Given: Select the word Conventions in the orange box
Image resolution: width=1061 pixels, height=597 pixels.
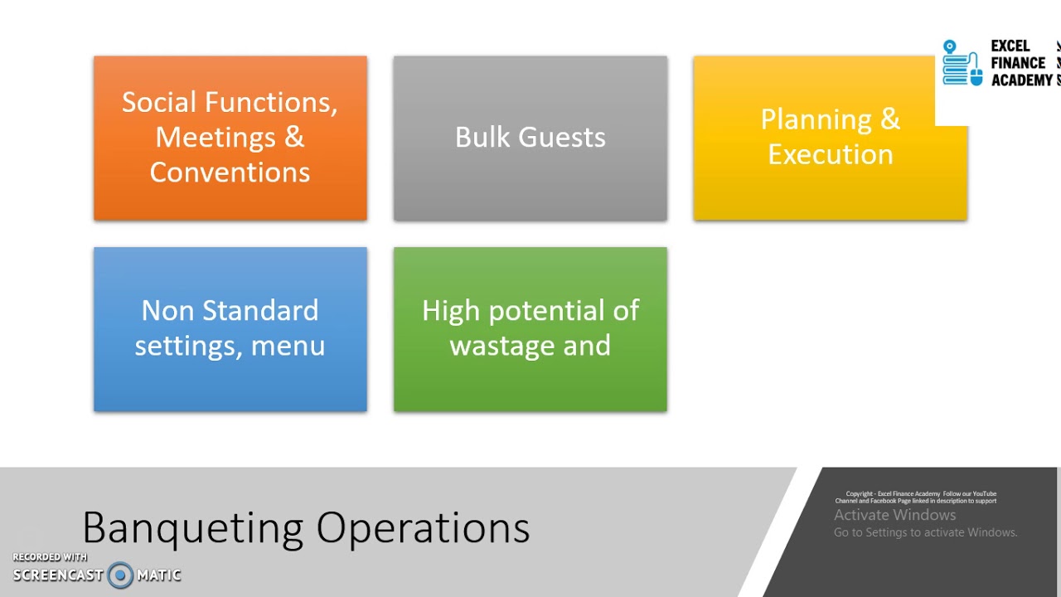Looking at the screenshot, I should (230, 172).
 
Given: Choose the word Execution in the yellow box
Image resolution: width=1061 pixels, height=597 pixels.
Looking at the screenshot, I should (830, 154).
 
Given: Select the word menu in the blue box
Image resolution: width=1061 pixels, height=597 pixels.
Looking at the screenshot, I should (288, 345).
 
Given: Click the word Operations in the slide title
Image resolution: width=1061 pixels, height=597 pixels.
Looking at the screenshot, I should (423, 528).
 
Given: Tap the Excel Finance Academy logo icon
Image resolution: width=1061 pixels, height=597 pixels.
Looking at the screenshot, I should (962, 63).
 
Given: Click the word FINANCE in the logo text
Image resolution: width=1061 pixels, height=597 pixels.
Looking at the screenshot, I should (1018, 63).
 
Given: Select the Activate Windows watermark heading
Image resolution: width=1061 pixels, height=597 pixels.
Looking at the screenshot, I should (894, 515).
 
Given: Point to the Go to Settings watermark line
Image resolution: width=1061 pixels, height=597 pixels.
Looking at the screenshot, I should (925, 532).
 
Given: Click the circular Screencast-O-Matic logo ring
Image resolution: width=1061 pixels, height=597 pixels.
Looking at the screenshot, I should (120, 575).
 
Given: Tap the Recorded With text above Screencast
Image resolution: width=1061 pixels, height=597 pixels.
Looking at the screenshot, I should (50, 557).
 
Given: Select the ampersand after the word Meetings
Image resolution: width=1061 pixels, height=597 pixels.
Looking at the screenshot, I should (294, 137).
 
